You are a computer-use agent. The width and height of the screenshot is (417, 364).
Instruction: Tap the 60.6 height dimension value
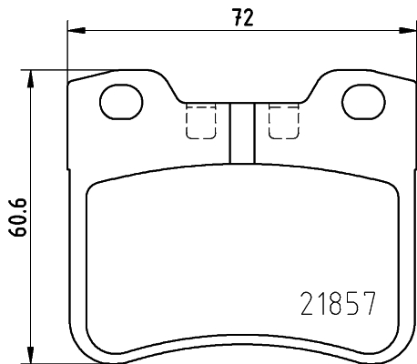15,216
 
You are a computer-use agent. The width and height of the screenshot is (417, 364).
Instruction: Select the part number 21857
337,302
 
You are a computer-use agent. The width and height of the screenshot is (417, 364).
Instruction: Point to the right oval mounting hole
361,102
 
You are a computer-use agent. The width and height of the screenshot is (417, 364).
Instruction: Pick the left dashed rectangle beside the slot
199,121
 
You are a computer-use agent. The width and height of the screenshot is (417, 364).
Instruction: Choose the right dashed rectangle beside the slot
282,121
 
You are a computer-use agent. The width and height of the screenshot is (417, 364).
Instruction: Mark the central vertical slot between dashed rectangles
240,133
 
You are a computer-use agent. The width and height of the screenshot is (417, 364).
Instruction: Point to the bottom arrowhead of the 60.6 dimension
33,355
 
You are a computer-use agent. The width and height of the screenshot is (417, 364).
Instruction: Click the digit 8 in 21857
337,302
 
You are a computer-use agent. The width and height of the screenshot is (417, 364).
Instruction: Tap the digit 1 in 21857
321,302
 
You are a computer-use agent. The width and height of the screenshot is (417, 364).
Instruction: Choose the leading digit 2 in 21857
307,302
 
